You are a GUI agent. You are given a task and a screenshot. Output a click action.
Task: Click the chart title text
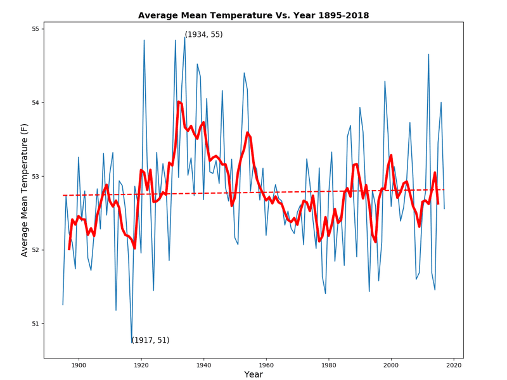(x=253, y=15)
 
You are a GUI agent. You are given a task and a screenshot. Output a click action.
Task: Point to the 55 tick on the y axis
(x=35, y=29)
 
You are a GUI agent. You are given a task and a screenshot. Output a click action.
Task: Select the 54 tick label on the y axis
(x=35, y=103)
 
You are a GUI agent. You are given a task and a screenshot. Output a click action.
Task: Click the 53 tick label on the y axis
(x=35, y=176)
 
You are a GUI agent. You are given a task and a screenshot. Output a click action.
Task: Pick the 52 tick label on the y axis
(x=35, y=250)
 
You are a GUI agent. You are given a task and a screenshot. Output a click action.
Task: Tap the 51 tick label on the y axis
(x=35, y=324)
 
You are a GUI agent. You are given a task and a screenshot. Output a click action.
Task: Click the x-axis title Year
(x=253, y=375)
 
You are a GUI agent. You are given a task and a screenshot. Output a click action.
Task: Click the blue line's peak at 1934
(x=185, y=37)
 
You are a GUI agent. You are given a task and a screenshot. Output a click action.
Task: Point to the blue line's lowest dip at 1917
(x=132, y=343)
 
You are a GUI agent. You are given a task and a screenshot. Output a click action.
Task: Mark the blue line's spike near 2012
(x=428, y=54)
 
